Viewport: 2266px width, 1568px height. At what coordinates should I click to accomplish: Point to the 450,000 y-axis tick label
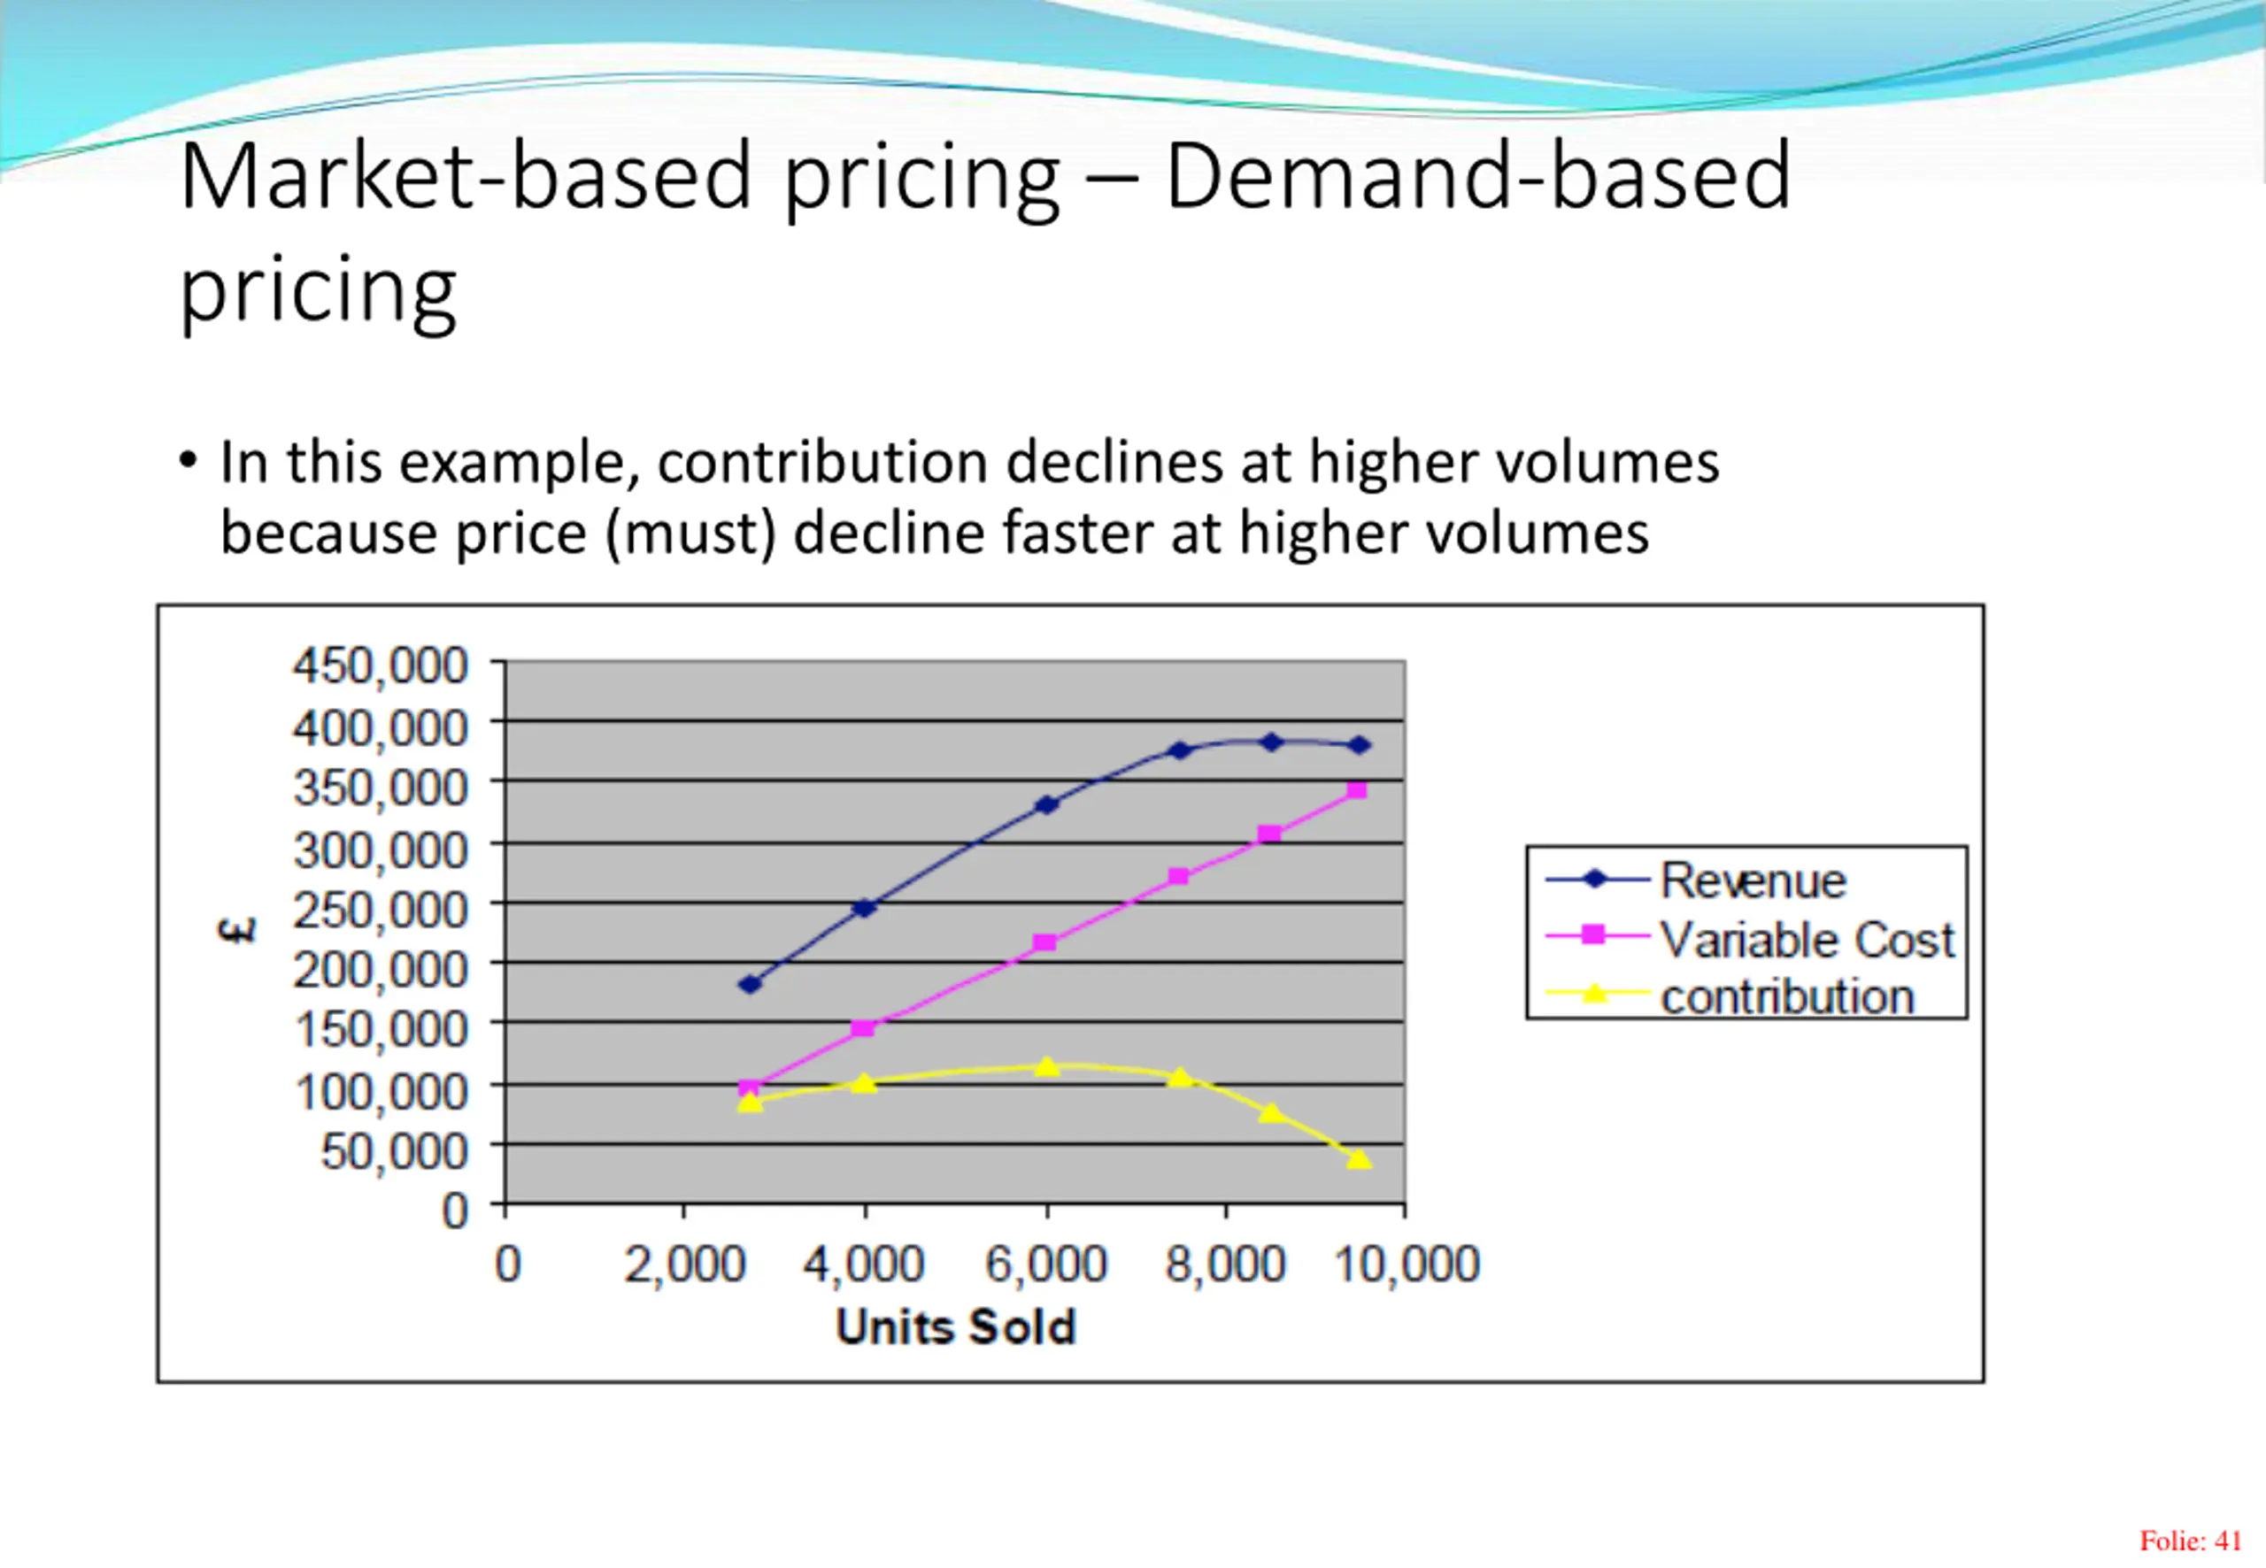pyautogui.click(x=381, y=666)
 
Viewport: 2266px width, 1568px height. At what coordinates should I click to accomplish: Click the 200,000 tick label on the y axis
pyautogui.click(x=381, y=971)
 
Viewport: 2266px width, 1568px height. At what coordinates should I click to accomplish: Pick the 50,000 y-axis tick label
pyautogui.click(x=394, y=1150)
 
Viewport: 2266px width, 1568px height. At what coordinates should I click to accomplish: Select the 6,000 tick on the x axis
pyautogui.click(x=1045, y=1264)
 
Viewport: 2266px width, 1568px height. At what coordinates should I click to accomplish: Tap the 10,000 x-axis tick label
pyautogui.click(x=1407, y=1264)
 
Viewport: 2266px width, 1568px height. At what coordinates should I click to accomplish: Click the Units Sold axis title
pyautogui.click(x=955, y=1327)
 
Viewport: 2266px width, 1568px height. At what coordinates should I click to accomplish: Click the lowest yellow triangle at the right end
pyautogui.click(x=1358, y=1159)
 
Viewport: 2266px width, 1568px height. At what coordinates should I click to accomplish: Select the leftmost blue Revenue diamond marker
pyautogui.click(x=750, y=983)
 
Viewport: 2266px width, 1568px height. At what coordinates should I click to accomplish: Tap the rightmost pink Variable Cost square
pyautogui.click(x=1357, y=790)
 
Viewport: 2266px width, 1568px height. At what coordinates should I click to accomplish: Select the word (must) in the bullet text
pyautogui.click(x=692, y=534)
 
